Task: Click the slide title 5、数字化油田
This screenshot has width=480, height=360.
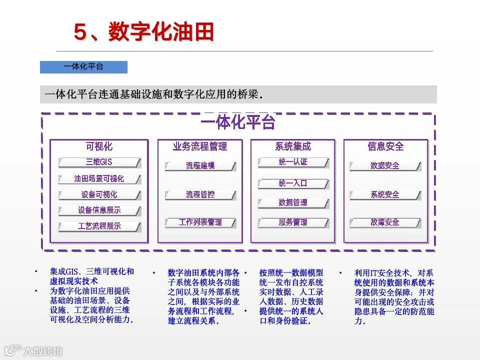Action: pos(144,31)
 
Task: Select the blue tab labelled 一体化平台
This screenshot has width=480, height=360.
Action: pos(83,67)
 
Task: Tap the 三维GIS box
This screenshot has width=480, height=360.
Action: pos(99,162)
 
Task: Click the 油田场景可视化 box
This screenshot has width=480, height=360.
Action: pos(99,178)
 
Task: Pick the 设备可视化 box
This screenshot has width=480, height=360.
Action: pos(99,194)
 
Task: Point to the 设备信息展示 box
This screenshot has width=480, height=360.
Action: pos(99,210)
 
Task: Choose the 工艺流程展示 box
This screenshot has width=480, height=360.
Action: pos(99,226)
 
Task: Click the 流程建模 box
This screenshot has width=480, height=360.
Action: pos(200,165)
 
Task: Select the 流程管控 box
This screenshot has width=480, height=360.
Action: pos(200,194)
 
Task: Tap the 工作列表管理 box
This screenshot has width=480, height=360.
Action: pos(200,222)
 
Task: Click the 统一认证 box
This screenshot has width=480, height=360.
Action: pos(293,162)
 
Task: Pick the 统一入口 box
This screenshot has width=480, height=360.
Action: pos(293,183)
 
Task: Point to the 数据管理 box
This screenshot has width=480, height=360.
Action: pos(293,203)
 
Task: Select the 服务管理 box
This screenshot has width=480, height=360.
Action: pos(293,222)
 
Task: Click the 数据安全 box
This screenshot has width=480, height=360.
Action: pos(385,165)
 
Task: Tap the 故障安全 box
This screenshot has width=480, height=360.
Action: pos(385,222)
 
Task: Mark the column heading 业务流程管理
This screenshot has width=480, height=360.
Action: pos(200,146)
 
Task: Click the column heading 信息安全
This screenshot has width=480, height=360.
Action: pos(385,146)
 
